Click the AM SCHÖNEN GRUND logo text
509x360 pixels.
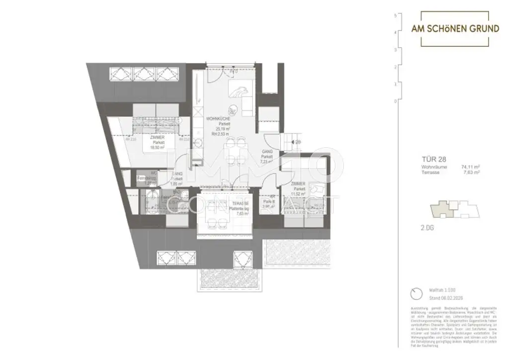455,29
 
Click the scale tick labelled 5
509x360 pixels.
395,16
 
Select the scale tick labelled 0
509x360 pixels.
395,101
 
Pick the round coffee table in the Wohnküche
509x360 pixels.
231,110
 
